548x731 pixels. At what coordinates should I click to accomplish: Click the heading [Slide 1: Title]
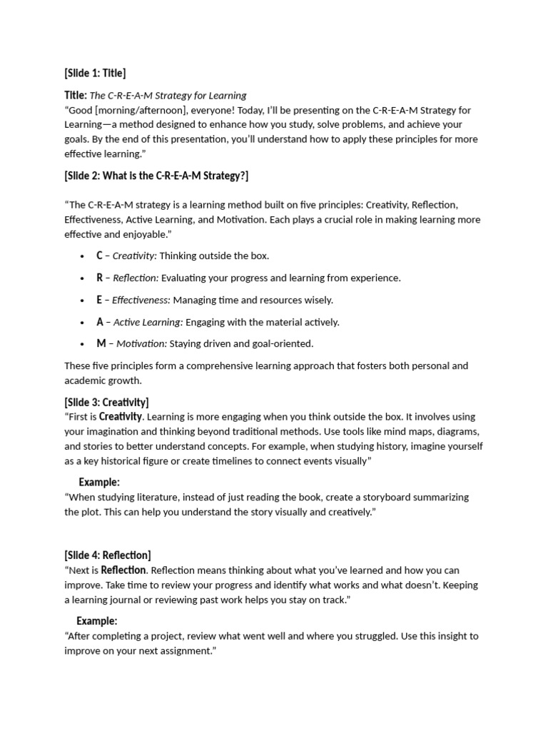click(x=95, y=73)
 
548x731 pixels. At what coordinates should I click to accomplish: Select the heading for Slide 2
click(x=156, y=176)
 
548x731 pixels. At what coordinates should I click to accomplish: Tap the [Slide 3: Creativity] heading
click(x=106, y=402)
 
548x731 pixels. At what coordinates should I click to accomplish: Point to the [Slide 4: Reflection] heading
click(x=108, y=555)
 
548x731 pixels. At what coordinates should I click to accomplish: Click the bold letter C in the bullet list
click(x=100, y=256)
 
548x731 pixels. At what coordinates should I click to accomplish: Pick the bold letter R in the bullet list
click(x=100, y=278)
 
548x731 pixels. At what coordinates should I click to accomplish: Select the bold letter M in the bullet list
click(x=101, y=343)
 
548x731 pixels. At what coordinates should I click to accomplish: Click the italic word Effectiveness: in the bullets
click(x=141, y=300)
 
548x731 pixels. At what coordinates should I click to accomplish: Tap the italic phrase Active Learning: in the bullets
click(x=148, y=322)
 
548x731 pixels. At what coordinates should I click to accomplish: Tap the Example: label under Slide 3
click(x=99, y=482)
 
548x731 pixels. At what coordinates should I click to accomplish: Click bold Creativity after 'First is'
click(x=121, y=416)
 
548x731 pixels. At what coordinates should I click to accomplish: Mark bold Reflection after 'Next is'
click(x=123, y=570)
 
